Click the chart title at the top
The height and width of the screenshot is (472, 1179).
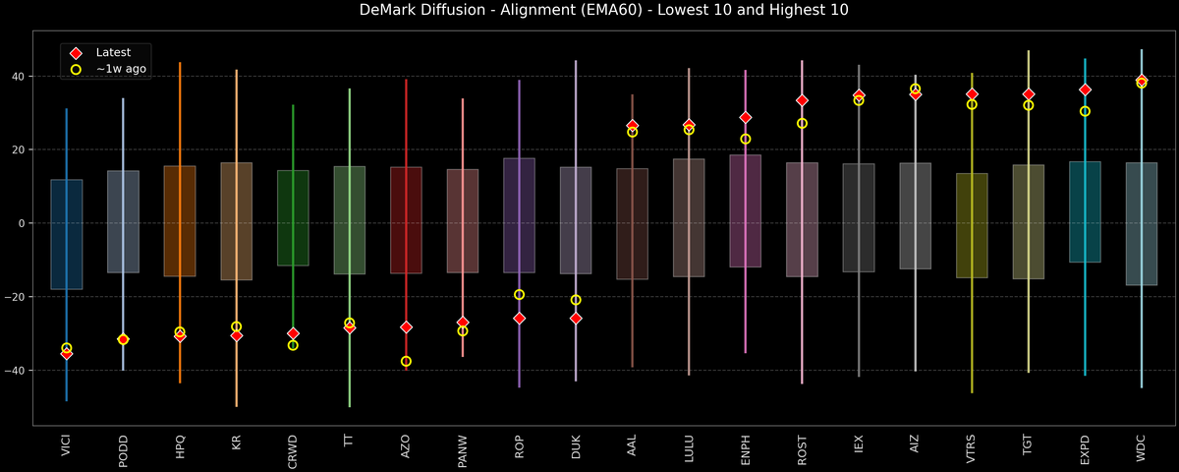pyautogui.click(x=589, y=11)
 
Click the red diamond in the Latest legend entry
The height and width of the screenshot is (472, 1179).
pyautogui.click(x=76, y=52)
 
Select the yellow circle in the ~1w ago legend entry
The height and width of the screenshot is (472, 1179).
pyautogui.click(x=76, y=70)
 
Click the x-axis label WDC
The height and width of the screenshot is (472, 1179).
pyautogui.click(x=1142, y=448)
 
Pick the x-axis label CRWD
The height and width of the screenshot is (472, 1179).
pyautogui.click(x=293, y=450)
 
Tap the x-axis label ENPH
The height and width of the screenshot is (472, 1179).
pyautogui.click(x=746, y=449)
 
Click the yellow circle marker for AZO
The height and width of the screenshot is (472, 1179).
pyautogui.click(x=406, y=362)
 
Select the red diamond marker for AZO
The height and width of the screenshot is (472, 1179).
pyautogui.click(x=406, y=326)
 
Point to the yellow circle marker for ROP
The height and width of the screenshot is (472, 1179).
pyautogui.click(x=519, y=294)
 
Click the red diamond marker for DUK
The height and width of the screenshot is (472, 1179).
pyautogui.click(x=576, y=319)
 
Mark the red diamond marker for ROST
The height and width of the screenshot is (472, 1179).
pyautogui.click(x=802, y=100)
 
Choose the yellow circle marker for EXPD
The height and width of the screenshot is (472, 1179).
pyautogui.click(x=1085, y=111)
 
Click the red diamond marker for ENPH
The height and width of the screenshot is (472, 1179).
pyautogui.click(x=746, y=117)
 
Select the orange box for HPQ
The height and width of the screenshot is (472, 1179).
pyautogui.click(x=180, y=221)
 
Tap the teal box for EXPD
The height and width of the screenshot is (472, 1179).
pyautogui.click(x=1085, y=211)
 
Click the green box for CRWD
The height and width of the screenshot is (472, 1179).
pyautogui.click(x=293, y=218)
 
